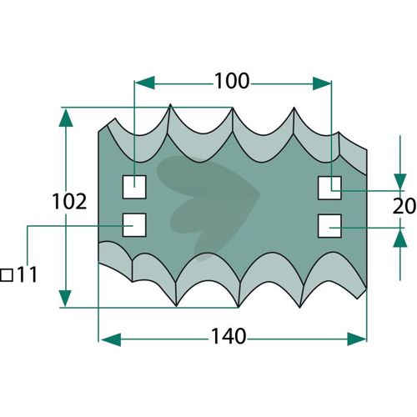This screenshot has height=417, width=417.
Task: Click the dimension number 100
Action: [232, 81]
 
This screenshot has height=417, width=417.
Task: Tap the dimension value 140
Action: [229, 336]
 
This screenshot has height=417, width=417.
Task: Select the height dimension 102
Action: [69, 202]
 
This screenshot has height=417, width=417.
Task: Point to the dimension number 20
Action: [404, 206]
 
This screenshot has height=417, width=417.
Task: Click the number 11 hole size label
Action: [28, 274]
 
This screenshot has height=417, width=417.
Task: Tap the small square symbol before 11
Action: [7, 275]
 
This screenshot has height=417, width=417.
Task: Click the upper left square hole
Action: [134, 187]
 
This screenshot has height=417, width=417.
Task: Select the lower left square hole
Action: [134, 225]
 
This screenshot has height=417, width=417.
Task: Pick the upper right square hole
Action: [329, 188]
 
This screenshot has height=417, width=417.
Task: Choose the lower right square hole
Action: [329, 226]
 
